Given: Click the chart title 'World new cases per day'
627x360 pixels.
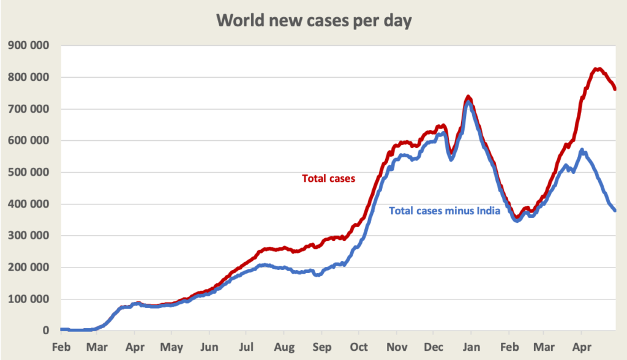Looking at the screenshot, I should pyautogui.click(x=314, y=20).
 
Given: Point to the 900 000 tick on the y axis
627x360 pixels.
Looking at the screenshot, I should pyautogui.click(x=29, y=45).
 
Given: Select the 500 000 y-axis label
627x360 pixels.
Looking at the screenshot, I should pyautogui.click(x=29, y=172).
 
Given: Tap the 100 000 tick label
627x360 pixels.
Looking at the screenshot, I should pyautogui.click(x=29, y=299).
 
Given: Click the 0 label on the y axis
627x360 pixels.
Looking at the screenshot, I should pyautogui.click(x=45, y=331).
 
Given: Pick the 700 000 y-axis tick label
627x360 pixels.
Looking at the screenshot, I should pyautogui.click(x=29, y=109).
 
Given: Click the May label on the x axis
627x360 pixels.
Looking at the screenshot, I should pyautogui.click(x=172, y=347).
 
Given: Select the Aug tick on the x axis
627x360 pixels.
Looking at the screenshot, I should pyautogui.click(x=284, y=347).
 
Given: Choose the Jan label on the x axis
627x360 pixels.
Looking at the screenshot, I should pyautogui.click(x=471, y=347).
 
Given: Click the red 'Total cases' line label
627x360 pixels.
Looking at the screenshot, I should pyautogui.click(x=329, y=179).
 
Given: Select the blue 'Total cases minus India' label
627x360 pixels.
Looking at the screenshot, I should pyautogui.click(x=445, y=211).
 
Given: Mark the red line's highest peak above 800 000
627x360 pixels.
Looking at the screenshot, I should pyautogui.click(x=598, y=69).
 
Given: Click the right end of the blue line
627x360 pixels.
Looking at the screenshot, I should pyautogui.click(x=615, y=211).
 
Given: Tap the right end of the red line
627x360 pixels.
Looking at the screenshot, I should pyautogui.click(x=615, y=89).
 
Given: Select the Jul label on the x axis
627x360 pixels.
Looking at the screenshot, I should pyautogui.click(x=247, y=347).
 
